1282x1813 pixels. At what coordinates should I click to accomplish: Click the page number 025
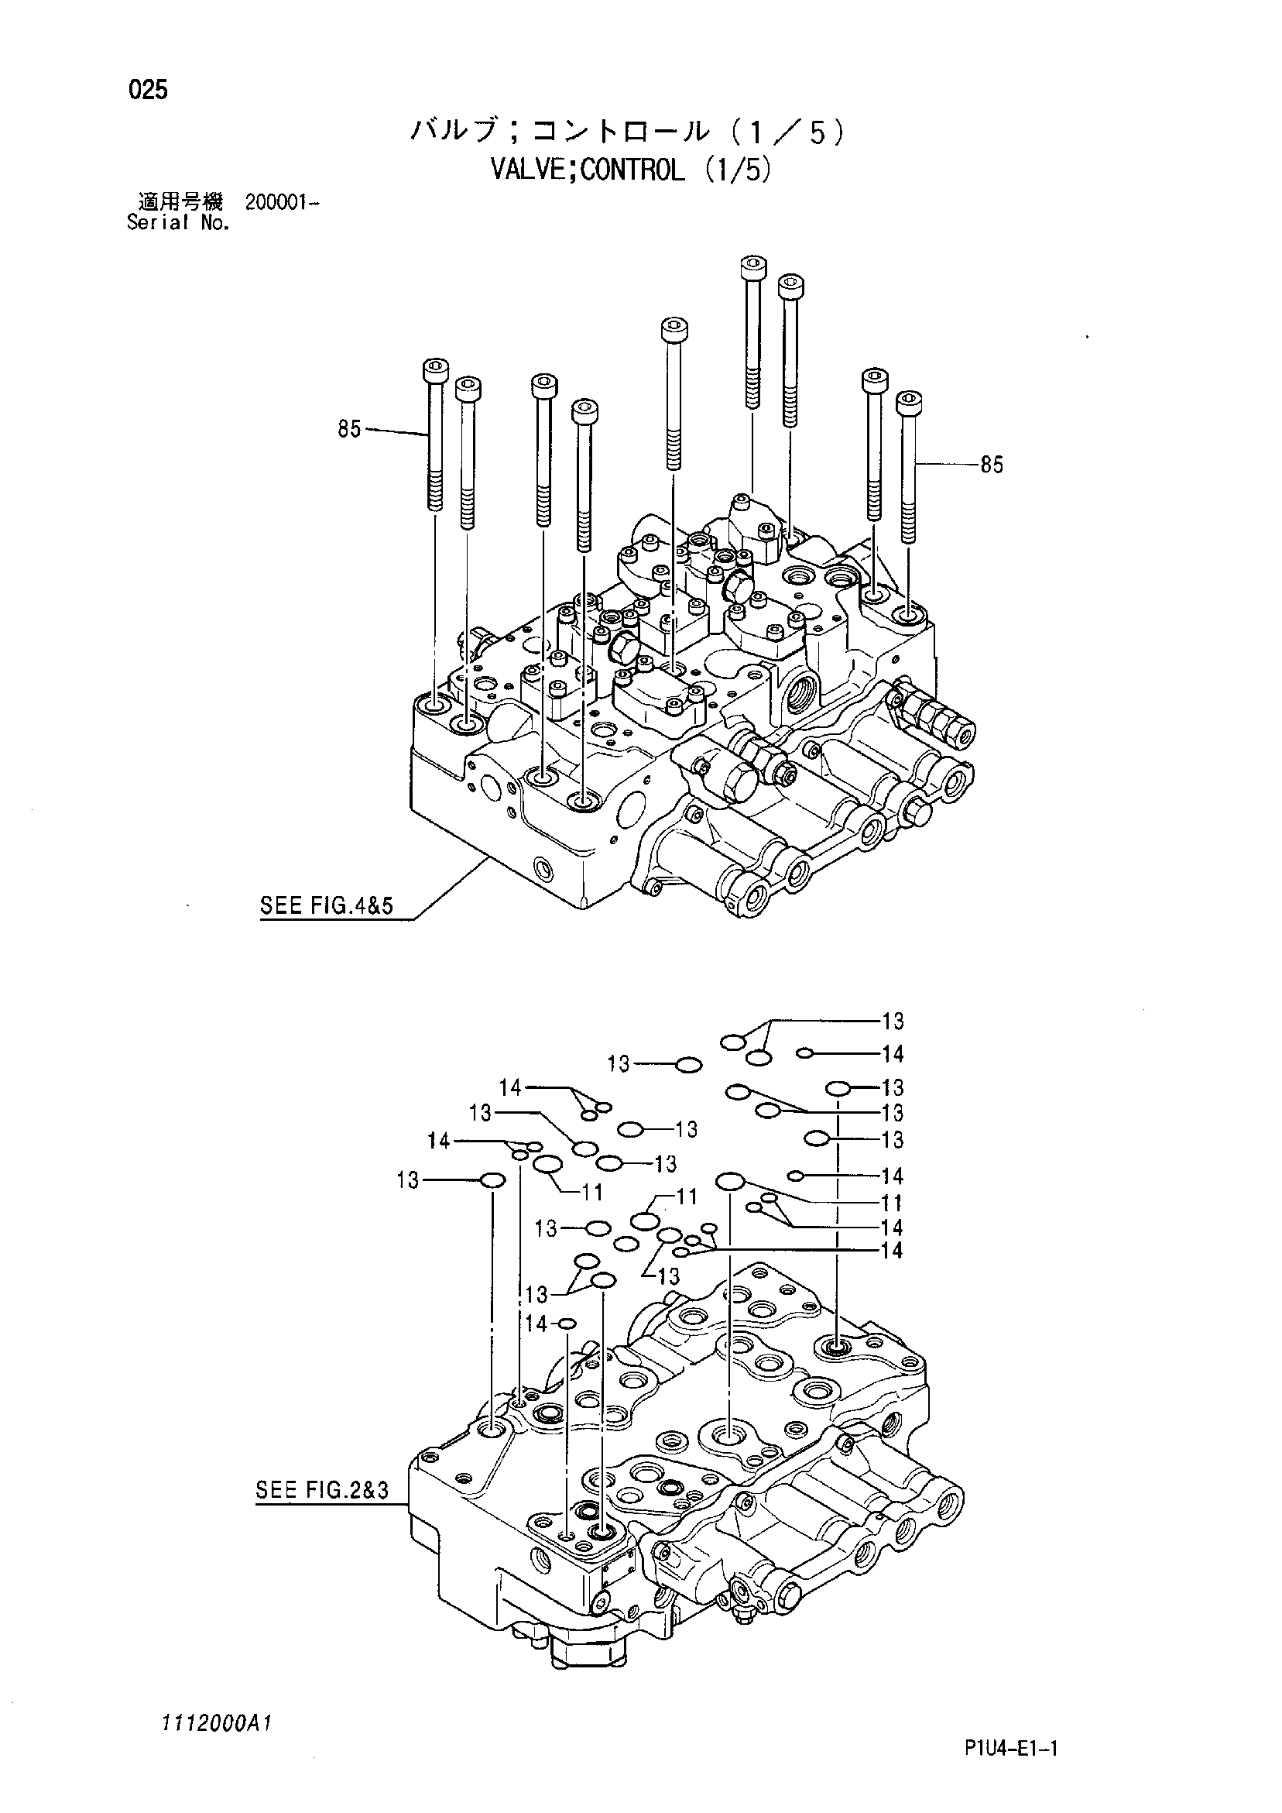149,91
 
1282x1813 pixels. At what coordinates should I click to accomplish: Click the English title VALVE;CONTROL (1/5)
629,170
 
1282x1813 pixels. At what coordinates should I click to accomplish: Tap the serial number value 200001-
282,202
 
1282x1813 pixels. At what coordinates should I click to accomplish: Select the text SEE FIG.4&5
326,905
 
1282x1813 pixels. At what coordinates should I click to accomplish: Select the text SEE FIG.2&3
322,1490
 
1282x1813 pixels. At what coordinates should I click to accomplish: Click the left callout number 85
349,430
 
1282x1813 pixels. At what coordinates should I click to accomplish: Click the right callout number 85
992,465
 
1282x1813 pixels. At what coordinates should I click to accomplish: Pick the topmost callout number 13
892,1021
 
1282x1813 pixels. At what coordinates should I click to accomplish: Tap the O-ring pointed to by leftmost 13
492,1180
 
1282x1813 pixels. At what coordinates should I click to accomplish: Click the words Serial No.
178,223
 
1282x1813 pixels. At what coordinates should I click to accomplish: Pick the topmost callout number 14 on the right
892,1053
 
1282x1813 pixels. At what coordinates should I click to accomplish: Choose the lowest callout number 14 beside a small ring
536,1324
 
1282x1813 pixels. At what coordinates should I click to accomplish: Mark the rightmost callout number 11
892,1204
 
